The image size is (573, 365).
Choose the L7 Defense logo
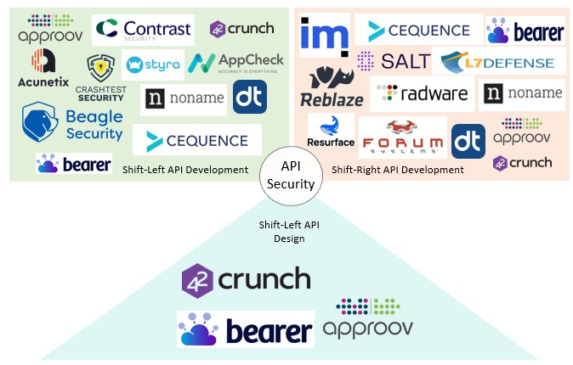(502, 61)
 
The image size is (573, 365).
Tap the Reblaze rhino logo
(332, 87)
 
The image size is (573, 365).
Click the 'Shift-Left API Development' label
(185, 170)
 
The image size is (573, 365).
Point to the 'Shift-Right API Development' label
(397, 170)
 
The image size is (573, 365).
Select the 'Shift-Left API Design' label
(288, 232)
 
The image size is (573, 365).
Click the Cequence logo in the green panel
(196, 139)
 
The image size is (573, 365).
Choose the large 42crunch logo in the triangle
(247, 280)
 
